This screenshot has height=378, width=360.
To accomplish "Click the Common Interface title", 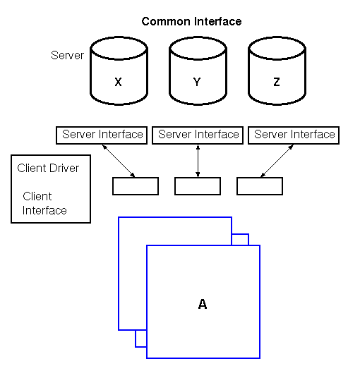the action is pyautogui.click(x=191, y=21).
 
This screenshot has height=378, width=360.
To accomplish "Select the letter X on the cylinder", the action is pyautogui.click(x=118, y=82).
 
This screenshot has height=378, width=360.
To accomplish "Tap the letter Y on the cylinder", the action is pyautogui.click(x=197, y=82).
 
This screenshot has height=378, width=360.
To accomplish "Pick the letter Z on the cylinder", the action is pyautogui.click(x=277, y=82).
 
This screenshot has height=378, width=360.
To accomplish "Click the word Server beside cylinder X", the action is pyautogui.click(x=67, y=55).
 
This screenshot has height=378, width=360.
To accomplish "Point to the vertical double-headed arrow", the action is pyautogui.click(x=198, y=161).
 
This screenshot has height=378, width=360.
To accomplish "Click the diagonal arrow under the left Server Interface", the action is pyautogui.click(x=119, y=161).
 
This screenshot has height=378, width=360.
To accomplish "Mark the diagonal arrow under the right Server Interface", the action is pyautogui.click(x=277, y=161).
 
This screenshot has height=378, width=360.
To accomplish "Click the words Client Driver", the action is pyautogui.click(x=48, y=168).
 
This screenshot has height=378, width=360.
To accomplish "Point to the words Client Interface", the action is pyautogui.click(x=44, y=203).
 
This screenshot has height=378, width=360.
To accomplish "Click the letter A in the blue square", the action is pyautogui.click(x=203, y=304).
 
